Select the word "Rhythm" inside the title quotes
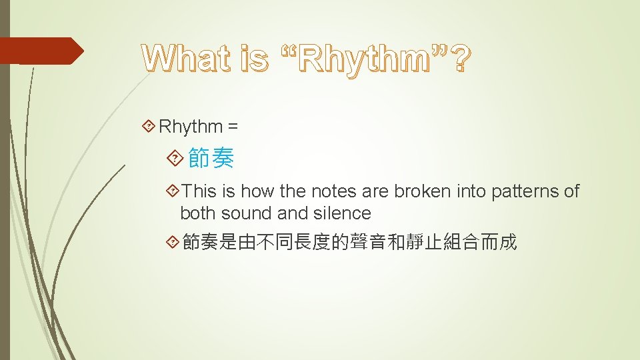[365, 59]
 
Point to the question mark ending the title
[459, 59]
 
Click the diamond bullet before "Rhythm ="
[150, 126]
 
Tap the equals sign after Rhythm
[233, 126]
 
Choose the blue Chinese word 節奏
[211, 159]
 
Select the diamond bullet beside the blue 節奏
[175, 159]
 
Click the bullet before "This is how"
[173, 192]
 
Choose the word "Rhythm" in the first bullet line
[191, 126]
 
